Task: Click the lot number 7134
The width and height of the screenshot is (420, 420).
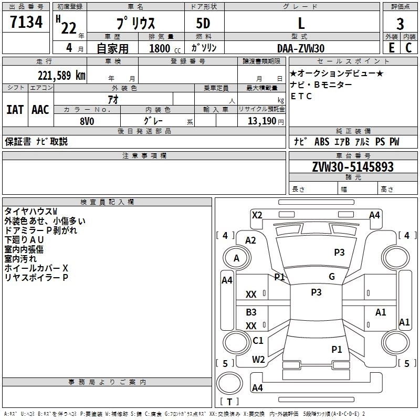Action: click(26, 22)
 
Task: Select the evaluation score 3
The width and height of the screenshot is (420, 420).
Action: click(400, 24)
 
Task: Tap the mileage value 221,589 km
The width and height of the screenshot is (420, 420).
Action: click(61, 76)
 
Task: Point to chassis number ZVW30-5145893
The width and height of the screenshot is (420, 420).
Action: click(353, 167)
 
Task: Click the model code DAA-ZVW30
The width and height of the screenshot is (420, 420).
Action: click(301, 48)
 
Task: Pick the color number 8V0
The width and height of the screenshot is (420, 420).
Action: click(87, 121)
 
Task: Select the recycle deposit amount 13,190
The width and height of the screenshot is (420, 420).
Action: click(262, 121)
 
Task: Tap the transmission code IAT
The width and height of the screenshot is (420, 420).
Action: click(15, 110)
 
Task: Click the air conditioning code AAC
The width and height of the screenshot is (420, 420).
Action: click(40, 110)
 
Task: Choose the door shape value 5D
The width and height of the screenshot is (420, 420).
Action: click(203, 23)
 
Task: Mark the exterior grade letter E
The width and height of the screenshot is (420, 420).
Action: click(392, 48)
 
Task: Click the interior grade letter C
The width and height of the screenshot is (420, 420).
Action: click(408, 48)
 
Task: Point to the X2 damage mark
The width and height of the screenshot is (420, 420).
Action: click(257, 215)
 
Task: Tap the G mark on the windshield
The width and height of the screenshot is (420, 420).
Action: click(332, 277)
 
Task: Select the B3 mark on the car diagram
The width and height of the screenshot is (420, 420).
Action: click(251, 312)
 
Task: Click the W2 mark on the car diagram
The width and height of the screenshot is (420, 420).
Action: click(258, 360)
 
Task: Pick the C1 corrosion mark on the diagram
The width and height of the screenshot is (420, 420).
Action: click(258, 340)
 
